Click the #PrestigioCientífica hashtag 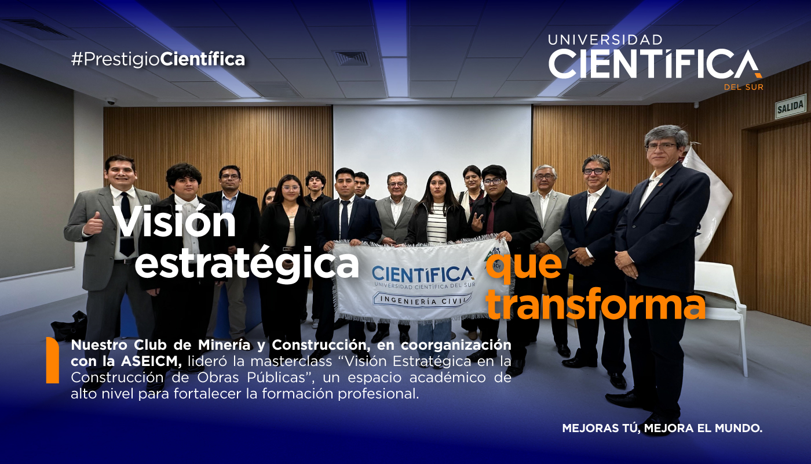tap(158, 59)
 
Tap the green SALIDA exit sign tap(790, 106)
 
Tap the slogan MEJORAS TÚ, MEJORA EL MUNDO tap(662, 429)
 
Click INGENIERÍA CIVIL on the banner tap(422, 299)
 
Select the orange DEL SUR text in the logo tap(743, 88)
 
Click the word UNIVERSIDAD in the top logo tap(605, 40)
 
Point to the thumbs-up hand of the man tap(93, 224)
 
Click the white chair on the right tap(721, 302)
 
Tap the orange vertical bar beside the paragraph tap(53, 361)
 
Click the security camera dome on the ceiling tap(110, 100)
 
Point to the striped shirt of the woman tap(437, 224)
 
